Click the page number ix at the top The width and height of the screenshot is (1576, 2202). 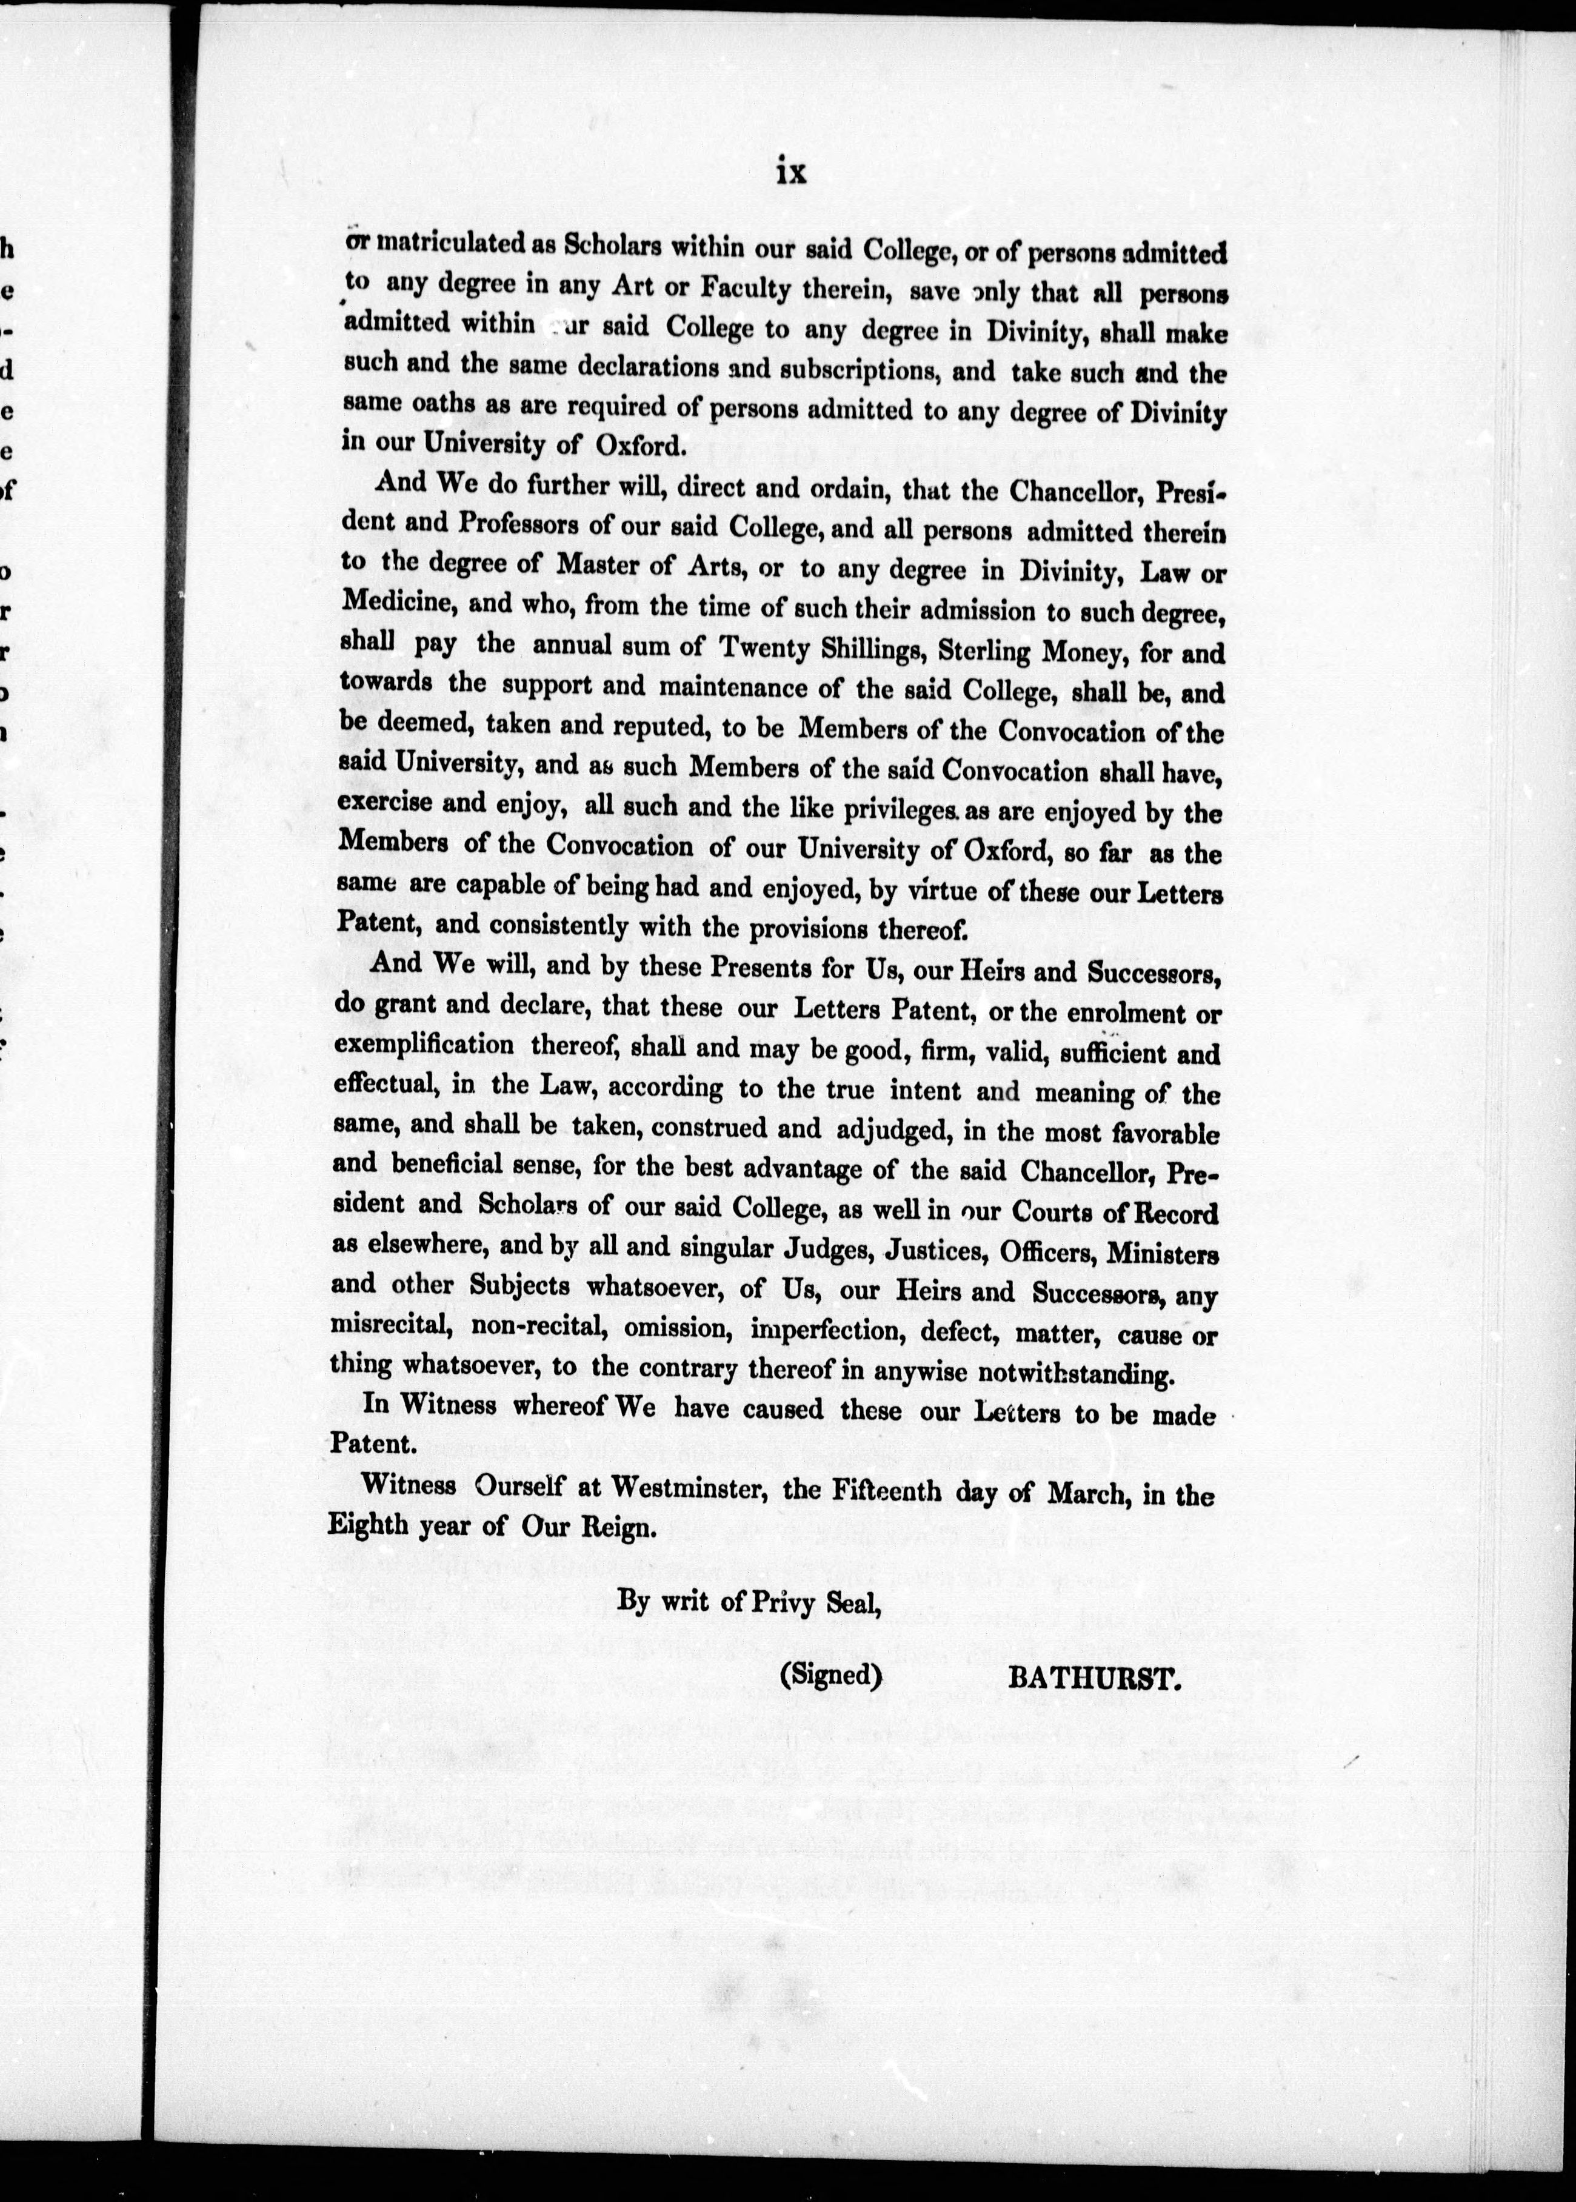(791, 173)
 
